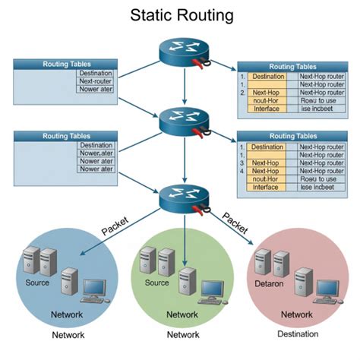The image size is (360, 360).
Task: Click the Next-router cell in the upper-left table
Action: pos(95,80)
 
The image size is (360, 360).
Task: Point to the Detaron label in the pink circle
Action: pos(273,283)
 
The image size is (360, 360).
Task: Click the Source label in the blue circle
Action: pos(38,283)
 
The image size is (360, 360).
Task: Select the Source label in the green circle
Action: pos(156,283)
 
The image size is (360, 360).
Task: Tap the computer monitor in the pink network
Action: pos(327,288)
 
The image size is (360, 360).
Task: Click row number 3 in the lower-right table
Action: pos(242,163)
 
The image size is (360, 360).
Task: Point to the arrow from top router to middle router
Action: pos(185,88)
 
